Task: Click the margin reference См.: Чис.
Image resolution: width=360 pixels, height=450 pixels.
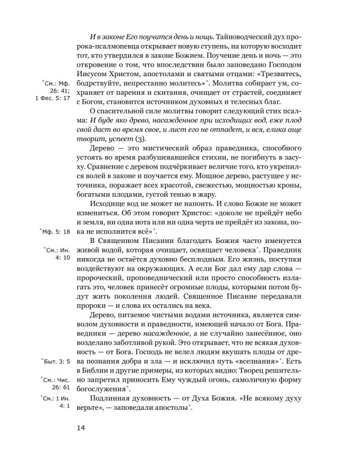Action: pyautogui.click(x=55, y=380)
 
